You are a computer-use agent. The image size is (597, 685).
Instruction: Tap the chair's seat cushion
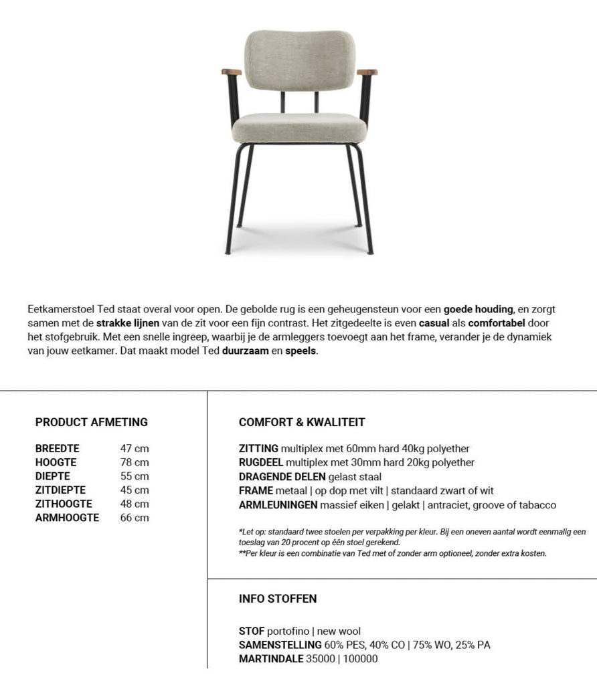coord(299,126)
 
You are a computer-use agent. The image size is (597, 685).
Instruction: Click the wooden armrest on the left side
coord(231,72)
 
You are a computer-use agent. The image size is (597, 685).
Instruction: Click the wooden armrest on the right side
coord(367,72)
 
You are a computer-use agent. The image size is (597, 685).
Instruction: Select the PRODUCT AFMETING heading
coord(92,422)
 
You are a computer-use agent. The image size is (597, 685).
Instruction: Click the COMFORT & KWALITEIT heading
coord(302,422)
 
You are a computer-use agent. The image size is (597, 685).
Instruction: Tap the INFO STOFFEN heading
coord(278,599)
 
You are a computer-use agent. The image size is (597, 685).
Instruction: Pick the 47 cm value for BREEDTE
coord(135,449)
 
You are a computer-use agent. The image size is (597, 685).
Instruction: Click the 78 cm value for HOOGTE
coord(135,462)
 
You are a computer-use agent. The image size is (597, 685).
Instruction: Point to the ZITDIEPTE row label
coord(60,490)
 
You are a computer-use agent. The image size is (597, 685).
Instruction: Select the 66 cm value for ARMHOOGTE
coord(135,518)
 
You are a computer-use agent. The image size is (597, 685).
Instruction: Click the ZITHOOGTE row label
coord(64,504)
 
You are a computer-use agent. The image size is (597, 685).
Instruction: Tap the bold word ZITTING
coord(258,449)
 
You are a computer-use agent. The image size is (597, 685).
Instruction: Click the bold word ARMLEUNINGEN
coord(278,505)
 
